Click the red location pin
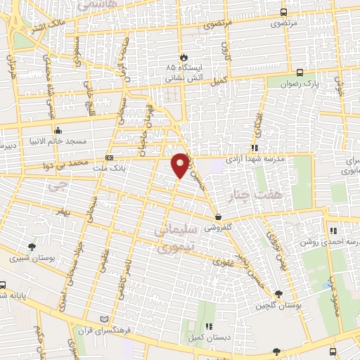[x=181, y=165]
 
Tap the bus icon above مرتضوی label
[x=283, y=13]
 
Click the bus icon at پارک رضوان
[x=300, y=72]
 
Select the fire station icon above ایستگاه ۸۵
[x=184, y=56]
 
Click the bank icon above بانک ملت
[x=109, y=158]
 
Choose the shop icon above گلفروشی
[x=219, y=217]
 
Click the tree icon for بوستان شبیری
[x=32, y=246]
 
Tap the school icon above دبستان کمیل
[x=209, y=326]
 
